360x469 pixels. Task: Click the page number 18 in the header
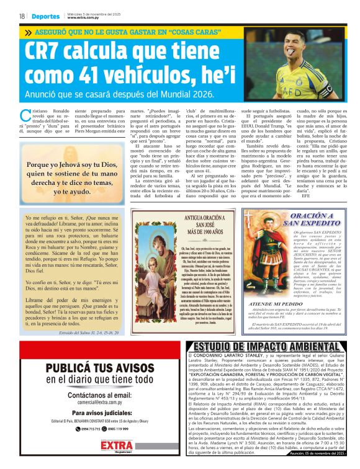[x=22, y=16]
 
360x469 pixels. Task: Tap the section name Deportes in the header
[x=46, y=16]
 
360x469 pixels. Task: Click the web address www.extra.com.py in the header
[x=83, y=18]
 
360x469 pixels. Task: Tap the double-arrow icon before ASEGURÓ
[x=27, y=32]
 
